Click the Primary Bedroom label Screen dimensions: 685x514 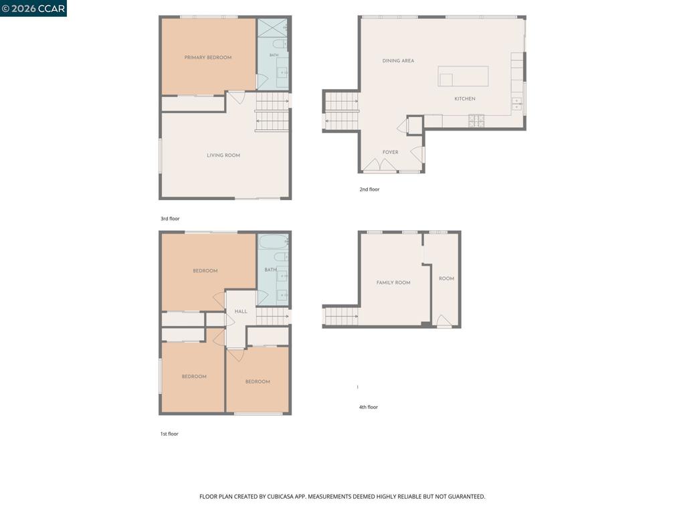208,58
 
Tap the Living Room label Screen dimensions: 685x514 223,155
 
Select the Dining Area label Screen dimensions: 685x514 398,61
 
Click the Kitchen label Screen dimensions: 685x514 465,99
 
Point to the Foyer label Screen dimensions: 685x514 390,152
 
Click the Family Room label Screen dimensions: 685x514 393,283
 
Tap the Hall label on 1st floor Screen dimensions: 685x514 241,312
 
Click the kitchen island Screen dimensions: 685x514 463,76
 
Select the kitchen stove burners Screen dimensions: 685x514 476,120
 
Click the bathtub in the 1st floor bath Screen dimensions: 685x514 272,242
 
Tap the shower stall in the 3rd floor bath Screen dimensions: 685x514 272,28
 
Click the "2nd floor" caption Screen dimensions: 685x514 369,189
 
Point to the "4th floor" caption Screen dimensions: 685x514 369,407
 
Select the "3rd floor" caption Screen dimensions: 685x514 170,219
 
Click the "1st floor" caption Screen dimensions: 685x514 169,434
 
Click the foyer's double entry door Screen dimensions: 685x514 380,165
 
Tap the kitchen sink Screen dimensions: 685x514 516,104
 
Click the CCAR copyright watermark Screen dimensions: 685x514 33,8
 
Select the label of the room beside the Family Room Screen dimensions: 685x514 446,278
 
